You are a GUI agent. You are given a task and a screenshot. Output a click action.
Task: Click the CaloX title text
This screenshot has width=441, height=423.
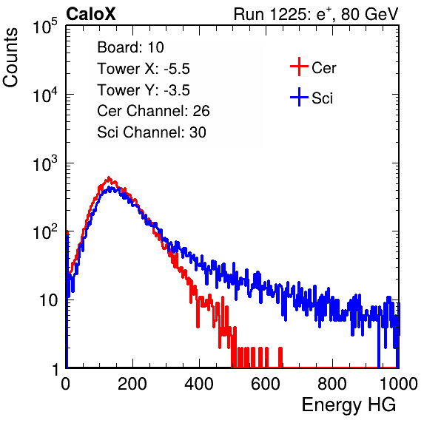click(x=91, y=14)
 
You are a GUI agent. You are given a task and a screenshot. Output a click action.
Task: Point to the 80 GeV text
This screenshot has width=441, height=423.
click(x=370, y=14)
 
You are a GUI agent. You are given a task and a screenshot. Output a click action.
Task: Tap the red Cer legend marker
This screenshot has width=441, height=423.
click(x=299, y=67)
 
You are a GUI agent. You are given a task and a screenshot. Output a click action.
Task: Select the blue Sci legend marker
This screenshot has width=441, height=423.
click(x=299, y=98)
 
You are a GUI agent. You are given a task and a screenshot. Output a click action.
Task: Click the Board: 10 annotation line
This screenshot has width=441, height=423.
click(x=130, y=47)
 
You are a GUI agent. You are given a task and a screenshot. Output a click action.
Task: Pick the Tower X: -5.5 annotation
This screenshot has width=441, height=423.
click(x=144, y=69)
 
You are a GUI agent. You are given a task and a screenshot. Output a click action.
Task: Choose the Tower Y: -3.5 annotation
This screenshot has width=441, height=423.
click(x=144, y=90)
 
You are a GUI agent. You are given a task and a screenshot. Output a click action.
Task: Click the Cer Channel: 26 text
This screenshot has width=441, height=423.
click(x=153, y=111)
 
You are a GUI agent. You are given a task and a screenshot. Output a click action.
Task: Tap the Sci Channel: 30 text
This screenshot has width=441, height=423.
click(x=152, y=132)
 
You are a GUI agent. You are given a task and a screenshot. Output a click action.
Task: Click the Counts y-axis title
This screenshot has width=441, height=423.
click(x=10, y=58)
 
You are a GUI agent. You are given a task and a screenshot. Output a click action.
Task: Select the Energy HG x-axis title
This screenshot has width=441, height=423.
click(x=349, y=405)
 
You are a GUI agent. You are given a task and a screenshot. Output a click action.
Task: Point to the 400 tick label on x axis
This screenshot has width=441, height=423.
click(x=199, y=384)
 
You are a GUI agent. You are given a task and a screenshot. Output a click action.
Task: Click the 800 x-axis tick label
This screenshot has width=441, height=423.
click(x=332, y=384)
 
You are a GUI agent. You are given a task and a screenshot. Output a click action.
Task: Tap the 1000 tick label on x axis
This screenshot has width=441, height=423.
click(x=399, y=384)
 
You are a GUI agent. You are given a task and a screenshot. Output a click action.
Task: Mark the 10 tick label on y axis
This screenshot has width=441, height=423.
click(x=49, y=300)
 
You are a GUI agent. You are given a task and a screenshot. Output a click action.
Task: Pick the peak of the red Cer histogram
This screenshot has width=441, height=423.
click(x=109, y=177)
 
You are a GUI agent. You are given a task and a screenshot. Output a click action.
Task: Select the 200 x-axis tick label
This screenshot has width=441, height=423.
click(x=132, y=384)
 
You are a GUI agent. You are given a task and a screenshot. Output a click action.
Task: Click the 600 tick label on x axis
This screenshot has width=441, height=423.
click(x=266, y=384)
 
